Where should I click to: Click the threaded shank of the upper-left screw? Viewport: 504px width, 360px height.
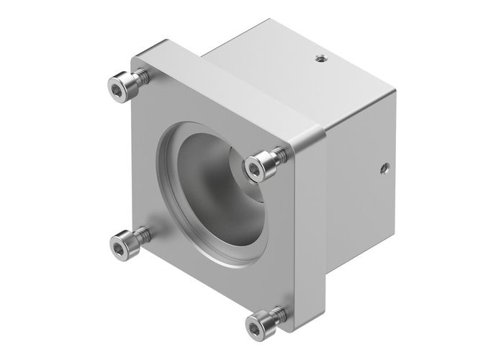[x=140, y=76]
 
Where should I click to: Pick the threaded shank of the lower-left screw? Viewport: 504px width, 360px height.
[x=142, y=235]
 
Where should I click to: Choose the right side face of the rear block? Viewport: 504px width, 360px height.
[x=360, y=187]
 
